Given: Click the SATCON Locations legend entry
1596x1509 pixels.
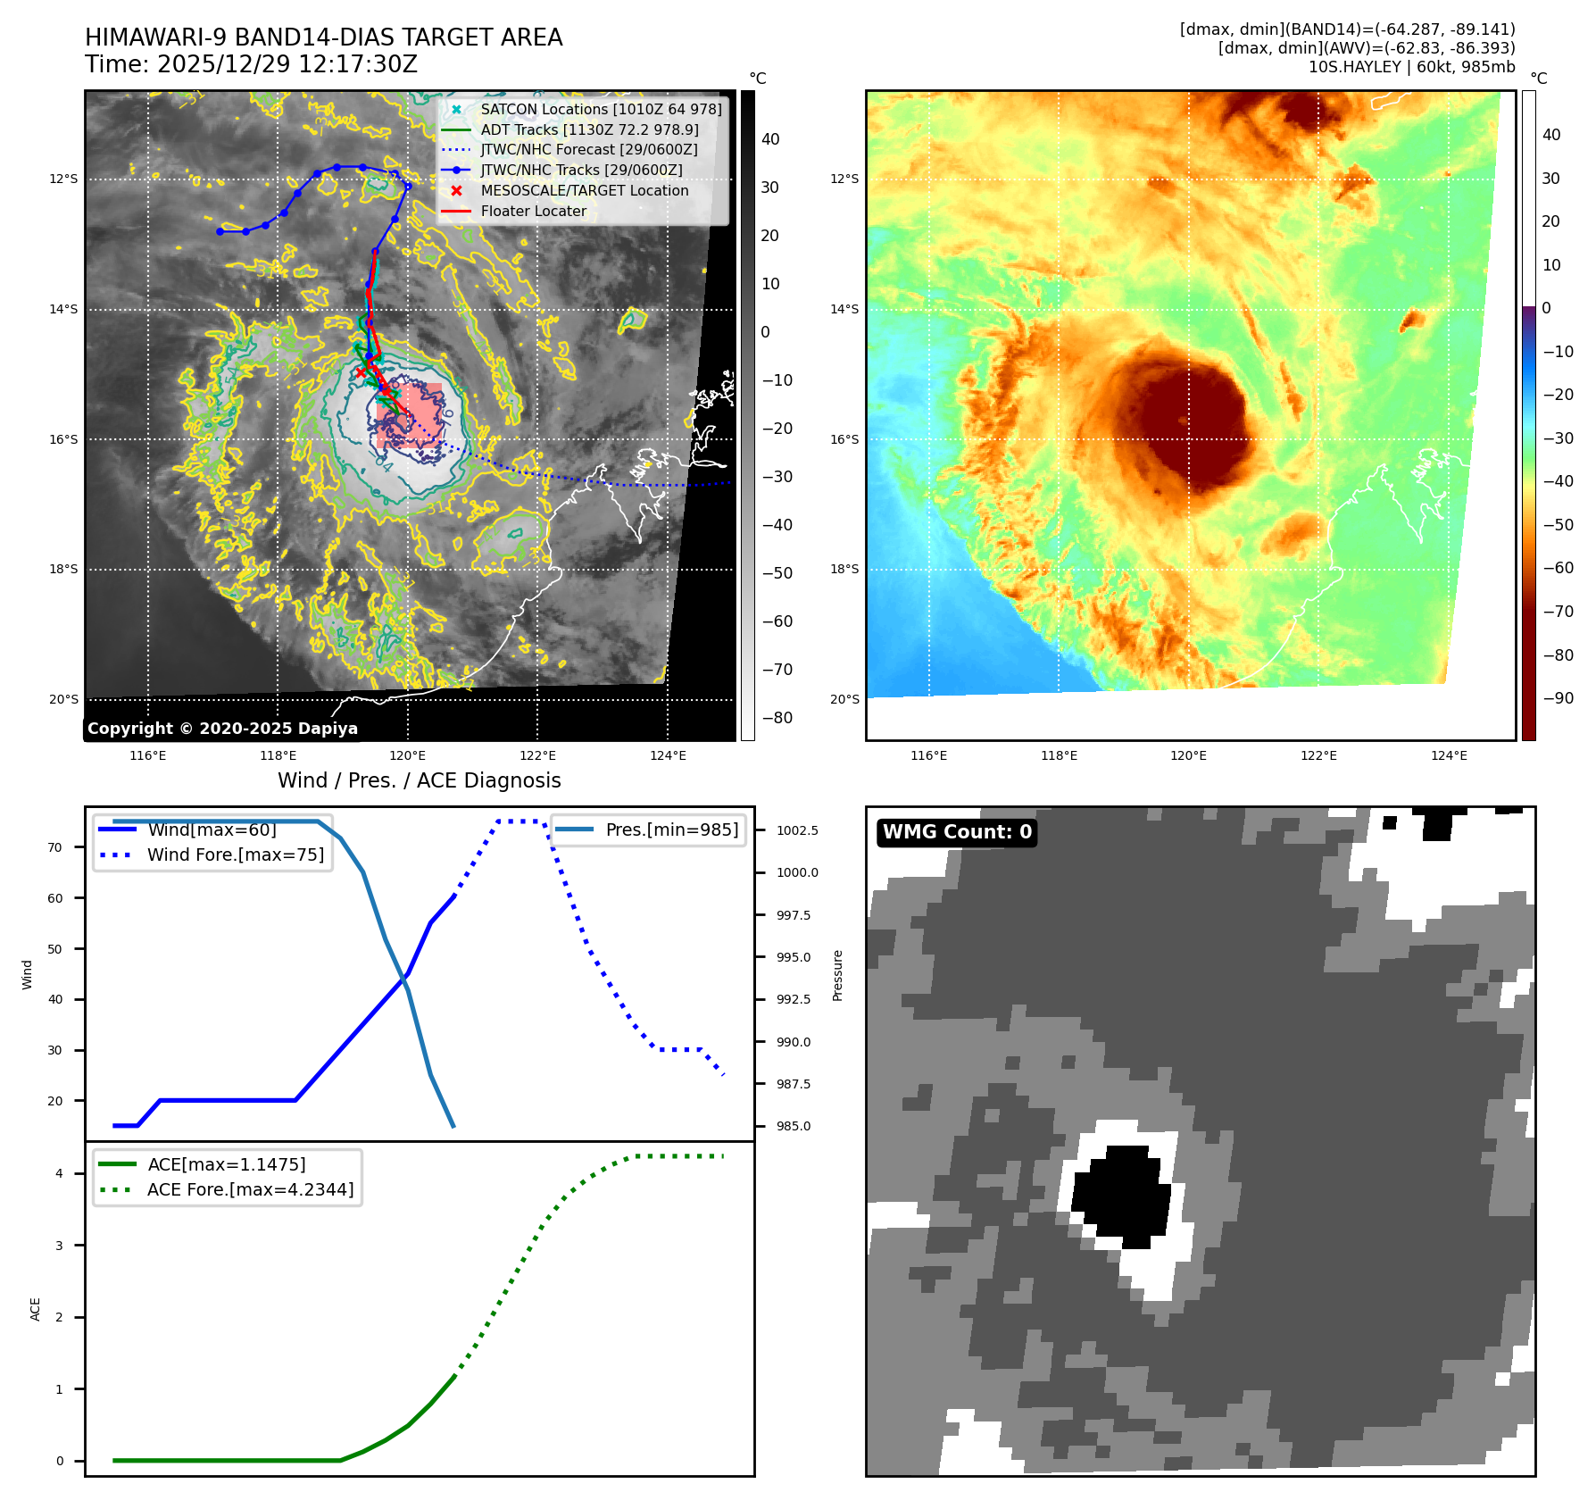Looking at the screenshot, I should click(601, 109).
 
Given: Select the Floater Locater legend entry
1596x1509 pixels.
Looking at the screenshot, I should click(534, 212).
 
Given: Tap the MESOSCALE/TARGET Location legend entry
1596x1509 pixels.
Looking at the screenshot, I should click(585, 191).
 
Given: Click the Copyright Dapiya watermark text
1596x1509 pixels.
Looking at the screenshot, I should click(222, 729).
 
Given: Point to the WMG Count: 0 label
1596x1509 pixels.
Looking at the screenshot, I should click(957, 832).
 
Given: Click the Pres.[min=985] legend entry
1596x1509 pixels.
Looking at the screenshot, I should click(671, 830).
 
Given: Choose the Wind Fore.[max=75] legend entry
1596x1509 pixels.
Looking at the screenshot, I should click(236, 855).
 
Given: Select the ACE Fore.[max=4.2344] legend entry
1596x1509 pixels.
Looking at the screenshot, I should click(250, 1189).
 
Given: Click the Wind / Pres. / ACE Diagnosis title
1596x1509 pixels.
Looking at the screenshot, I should click(420, 780).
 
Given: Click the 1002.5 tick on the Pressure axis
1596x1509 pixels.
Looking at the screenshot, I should click(797, 830).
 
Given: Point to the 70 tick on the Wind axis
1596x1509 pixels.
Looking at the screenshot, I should click(55, 847).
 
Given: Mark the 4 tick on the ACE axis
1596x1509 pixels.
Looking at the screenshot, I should click(60, 1173).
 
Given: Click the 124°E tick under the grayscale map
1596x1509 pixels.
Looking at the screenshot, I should click(668, 755).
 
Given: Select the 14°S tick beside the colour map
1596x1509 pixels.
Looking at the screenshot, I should click(844, 310).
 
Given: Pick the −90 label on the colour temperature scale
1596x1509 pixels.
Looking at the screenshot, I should click(1559, 698).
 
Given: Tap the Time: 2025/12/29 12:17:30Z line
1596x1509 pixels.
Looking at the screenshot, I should click(251, 64).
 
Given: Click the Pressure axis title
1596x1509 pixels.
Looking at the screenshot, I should click(837, 975).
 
